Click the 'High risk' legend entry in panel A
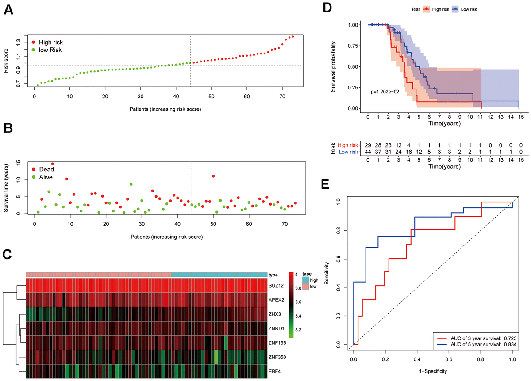[51, 42]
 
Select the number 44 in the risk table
[368, 152]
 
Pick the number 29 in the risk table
[368, 145]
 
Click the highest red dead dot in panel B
[52, 164]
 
